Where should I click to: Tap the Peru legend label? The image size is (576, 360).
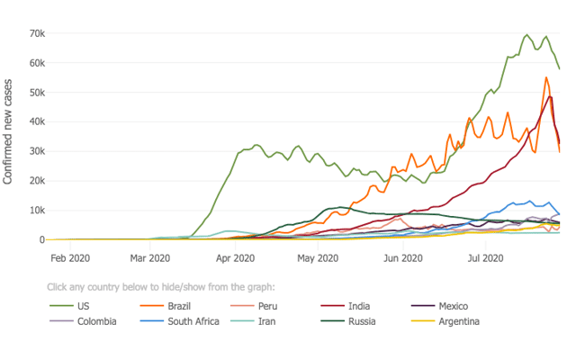pos(267,306)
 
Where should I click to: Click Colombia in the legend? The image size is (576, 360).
pos(96,321)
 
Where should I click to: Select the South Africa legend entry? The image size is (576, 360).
pos(193,321)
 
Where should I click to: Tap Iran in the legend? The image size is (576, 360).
pos(267,321)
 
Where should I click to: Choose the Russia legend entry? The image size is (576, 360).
pos(363,321)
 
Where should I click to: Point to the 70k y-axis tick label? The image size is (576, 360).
pos(36,33)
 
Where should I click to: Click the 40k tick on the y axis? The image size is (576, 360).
pos(36,121)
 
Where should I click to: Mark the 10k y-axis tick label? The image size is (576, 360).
pos(36,210)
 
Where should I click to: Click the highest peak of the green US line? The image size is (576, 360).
pos(527,35)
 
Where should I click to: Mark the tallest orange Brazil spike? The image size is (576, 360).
pos(546,77)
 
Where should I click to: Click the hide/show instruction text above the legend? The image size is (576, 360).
pos(160,287)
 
